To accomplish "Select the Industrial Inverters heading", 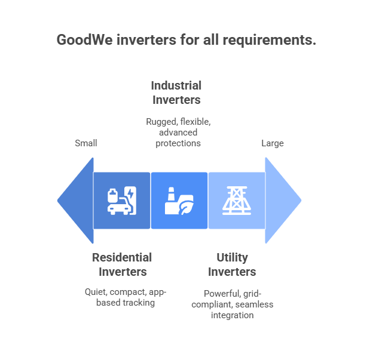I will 176,93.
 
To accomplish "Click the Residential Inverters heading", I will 122,264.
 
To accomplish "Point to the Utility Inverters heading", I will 232,264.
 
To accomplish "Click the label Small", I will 86,143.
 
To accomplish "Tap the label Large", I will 273,143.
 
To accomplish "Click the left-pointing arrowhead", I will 77,201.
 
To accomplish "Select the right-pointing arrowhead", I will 283,201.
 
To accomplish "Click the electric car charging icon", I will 122,201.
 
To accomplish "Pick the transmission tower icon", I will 237,201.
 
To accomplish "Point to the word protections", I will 178,143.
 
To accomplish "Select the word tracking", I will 138,303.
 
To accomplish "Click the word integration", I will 232,315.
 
